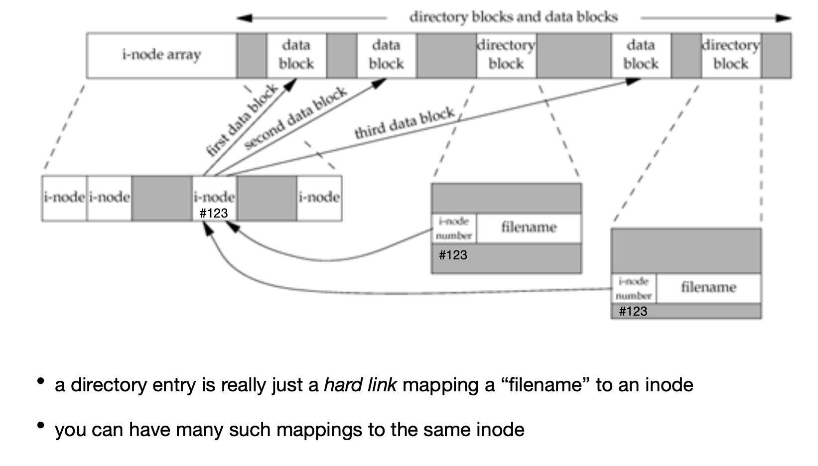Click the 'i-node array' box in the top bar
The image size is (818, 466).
161,55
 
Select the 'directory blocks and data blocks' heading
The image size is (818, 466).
513,17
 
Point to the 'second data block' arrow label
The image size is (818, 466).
295,118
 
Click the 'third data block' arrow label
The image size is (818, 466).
405,122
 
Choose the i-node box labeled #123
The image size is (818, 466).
214,199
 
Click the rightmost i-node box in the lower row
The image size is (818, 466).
319,198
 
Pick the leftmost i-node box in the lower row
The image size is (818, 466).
64,198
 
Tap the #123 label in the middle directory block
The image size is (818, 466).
453,255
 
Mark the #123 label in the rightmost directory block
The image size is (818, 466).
633,311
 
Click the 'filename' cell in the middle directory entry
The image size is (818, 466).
529,228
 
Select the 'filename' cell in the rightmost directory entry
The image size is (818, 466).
708,288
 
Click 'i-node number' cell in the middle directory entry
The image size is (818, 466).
454,229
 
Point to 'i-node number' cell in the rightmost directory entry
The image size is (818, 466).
634,288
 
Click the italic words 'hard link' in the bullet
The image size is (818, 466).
360,385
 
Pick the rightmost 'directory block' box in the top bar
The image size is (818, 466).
731,55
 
